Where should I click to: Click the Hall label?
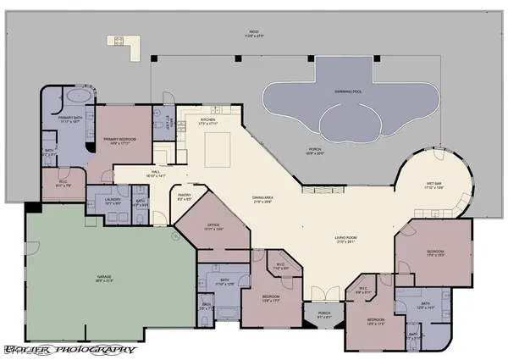tap(157, 173)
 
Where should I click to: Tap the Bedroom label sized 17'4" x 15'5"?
tap(434, 254)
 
